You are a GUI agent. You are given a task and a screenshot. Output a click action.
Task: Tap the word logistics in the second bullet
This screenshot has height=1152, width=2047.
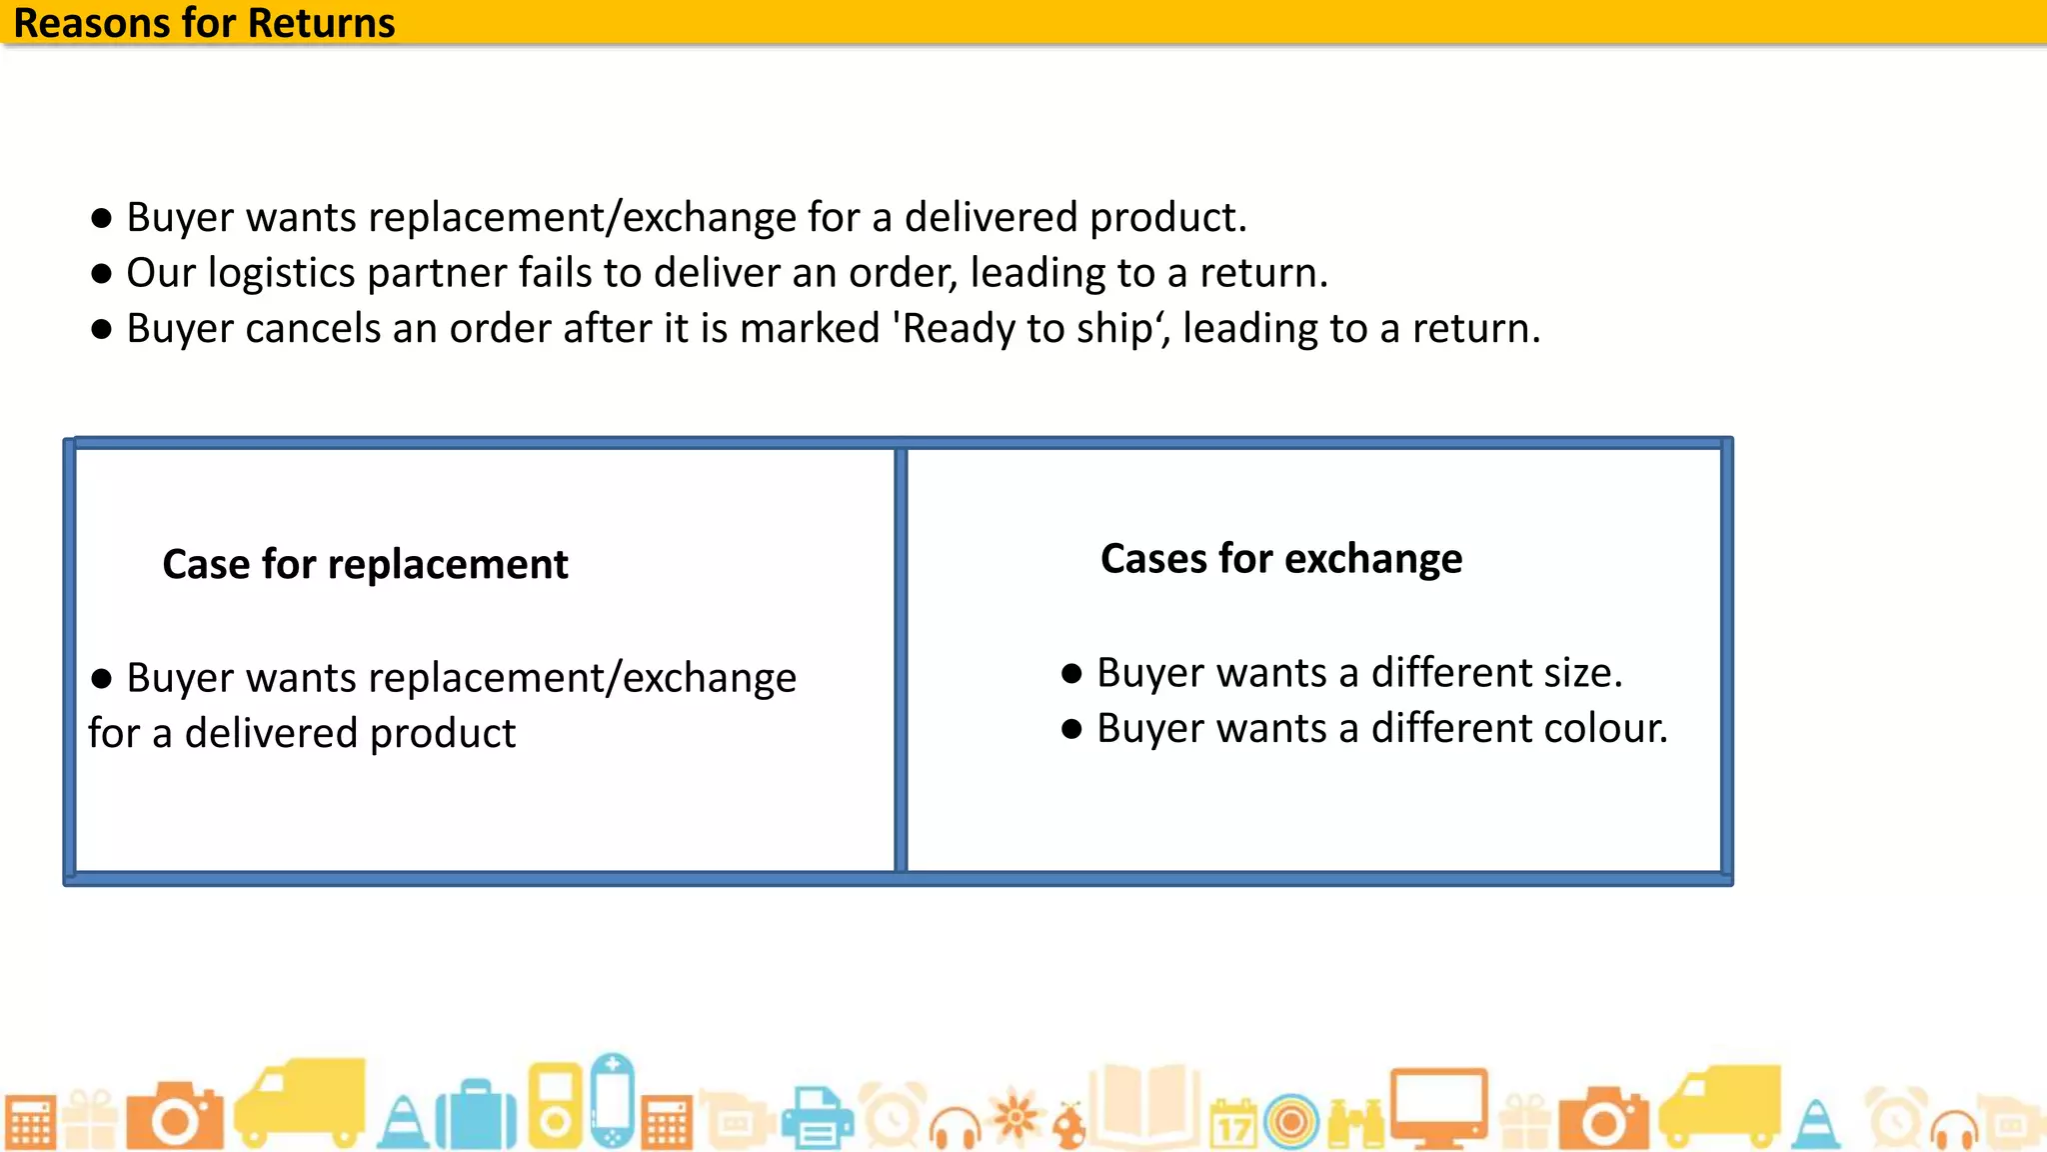pos(281,273)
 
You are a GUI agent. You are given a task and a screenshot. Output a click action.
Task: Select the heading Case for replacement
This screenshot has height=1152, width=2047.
pos(365,565)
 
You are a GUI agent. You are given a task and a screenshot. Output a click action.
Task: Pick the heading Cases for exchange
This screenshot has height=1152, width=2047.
pos(1280,559)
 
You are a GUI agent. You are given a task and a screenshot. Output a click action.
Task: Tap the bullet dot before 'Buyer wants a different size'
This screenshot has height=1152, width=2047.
pos(1071,674)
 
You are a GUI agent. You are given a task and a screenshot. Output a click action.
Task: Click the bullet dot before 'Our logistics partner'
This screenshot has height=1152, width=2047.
pos(101,274)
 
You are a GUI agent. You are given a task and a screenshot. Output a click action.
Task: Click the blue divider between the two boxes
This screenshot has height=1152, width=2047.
pos(901,660)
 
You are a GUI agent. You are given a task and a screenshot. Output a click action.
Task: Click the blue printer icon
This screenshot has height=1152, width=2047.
pos(817,1118)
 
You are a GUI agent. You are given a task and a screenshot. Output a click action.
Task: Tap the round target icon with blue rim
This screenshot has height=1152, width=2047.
pos(1291,1122)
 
